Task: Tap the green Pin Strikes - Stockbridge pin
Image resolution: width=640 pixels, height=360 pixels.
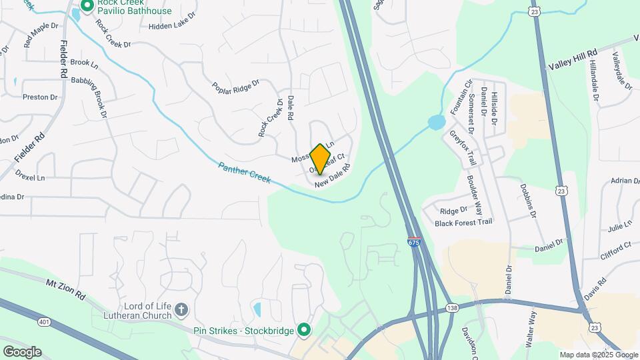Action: pos(304,329)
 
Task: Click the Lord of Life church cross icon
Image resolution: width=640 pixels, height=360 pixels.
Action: pos(181,309)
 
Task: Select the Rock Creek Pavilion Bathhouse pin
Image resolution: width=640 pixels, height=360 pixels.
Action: pos(87,7)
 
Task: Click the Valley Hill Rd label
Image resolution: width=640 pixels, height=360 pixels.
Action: pos(574,59)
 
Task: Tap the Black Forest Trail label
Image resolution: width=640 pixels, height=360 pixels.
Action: pos(463,223)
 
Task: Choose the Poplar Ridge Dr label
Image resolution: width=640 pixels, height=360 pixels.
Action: pos(235,88)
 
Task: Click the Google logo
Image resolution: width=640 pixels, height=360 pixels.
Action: pos(22,352)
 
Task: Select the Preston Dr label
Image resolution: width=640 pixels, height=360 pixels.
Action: pos(40,97)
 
